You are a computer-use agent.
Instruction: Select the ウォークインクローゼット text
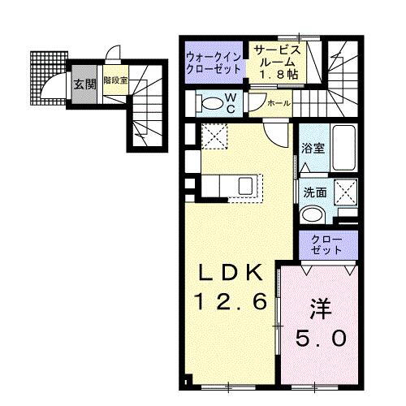(x=214, y=63)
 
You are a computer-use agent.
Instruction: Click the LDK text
(x=230, y=272)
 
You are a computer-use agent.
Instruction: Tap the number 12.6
(x=230, y=302)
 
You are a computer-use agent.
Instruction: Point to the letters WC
(x=231, y=102)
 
